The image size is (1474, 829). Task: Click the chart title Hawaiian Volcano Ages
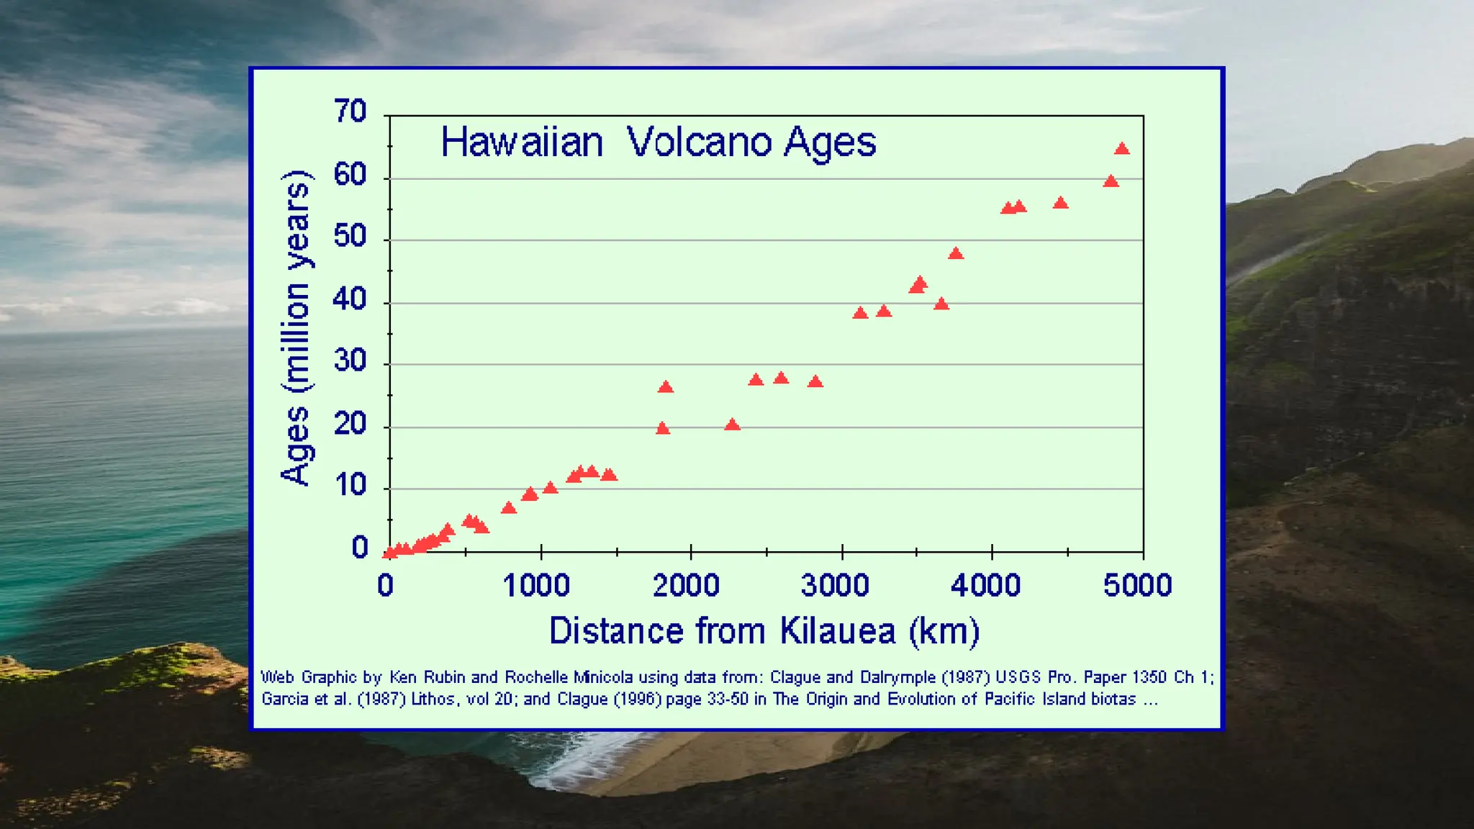click(x=658, y=142)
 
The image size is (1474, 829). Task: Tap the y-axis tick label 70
click(x=351, y=112)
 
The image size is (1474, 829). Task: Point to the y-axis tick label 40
click(x=351, y=299)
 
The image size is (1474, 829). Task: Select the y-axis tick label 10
click(x=351, y=486)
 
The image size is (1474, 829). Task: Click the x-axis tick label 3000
click(x=835, y=585)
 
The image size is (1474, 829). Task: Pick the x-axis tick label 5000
click(x=1137, y=585)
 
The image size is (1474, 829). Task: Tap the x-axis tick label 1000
click(x=536, y=585)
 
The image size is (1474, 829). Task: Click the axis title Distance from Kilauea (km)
click(x=764, y=631)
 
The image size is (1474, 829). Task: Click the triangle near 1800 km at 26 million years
click(x=665, y=387)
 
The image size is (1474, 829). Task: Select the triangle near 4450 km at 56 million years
click(x=1060, y=204)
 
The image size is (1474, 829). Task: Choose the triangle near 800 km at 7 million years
click(x=508, y=508)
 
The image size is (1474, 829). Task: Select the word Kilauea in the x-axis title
click(x=838, y=631)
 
